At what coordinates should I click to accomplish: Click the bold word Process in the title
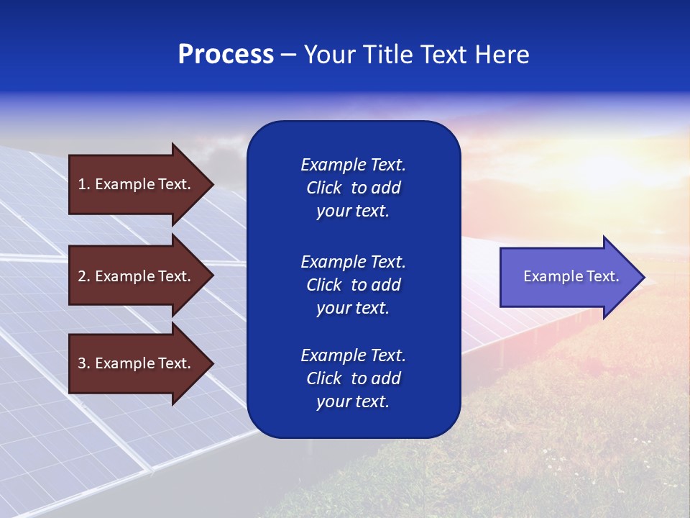pos(226,55)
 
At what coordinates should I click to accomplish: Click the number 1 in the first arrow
pos(82,184)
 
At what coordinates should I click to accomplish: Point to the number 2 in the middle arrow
pos(82,276)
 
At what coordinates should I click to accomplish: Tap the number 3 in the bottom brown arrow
pos(82,363)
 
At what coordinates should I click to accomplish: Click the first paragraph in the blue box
pos(353,188)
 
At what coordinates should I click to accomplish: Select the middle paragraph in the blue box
pos(353,285)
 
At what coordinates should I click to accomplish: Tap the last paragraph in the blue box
pos(353,378)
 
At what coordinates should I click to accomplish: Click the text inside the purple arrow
pos(571,276)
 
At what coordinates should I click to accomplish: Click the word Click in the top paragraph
pos(323,188)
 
